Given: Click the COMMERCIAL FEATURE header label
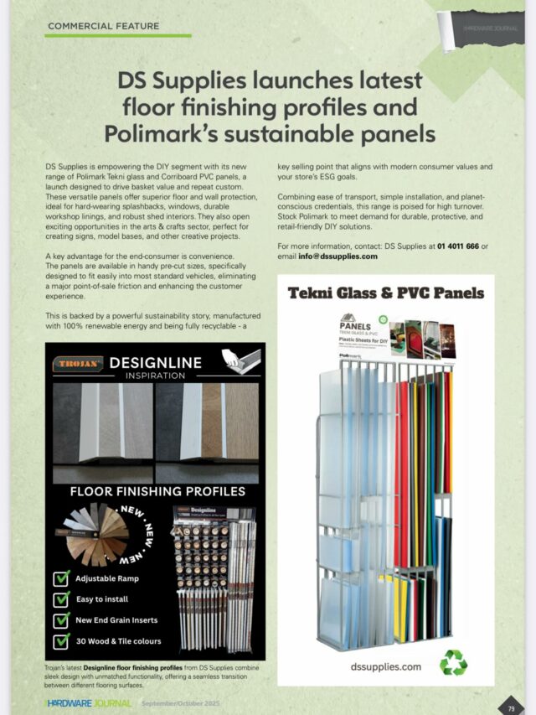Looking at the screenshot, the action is (103, 26).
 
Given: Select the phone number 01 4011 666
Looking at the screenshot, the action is (457, 246).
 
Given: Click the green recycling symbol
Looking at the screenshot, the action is (453, 661).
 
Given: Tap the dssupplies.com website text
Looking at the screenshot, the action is (385, 666).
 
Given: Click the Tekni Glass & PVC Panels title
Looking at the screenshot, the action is (386, 293).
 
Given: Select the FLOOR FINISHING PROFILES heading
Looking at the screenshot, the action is (157, 491).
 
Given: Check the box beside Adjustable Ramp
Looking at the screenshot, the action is (61, 578).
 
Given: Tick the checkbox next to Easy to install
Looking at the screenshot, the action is (61, 599).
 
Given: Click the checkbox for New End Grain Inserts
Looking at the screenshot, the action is (61, 620).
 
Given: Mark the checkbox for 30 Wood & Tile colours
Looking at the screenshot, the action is (61, 641).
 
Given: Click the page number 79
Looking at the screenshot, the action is (511, 708).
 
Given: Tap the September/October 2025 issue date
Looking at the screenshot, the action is (181, 703).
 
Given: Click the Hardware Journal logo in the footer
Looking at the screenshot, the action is (89, 703).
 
